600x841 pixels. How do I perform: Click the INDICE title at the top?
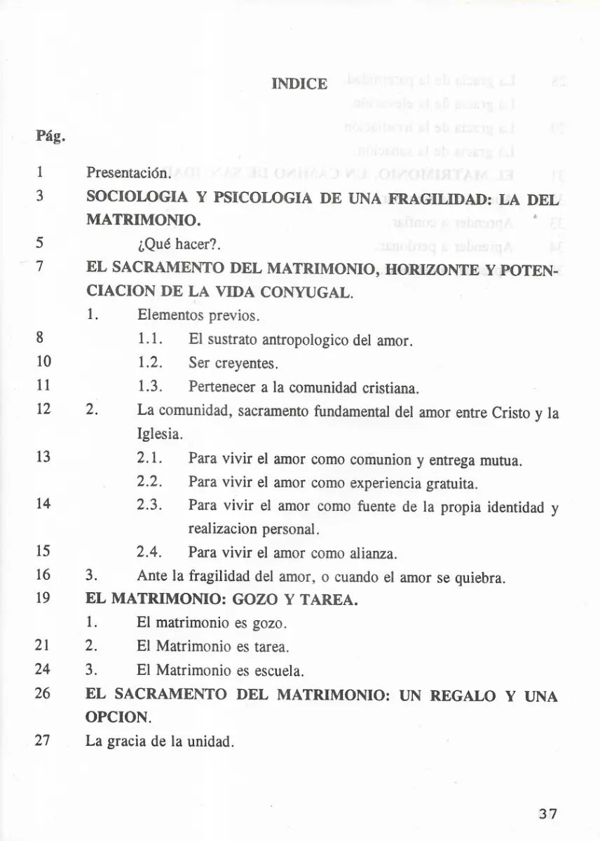pyautogui.click(x=299, y=84)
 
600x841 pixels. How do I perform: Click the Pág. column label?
pyautogui.click(x=50, y=135)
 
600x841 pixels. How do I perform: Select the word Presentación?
pyautogui.click(x=128, y=172)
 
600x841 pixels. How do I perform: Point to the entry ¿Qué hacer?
pyautogui.click(x=179, y=245)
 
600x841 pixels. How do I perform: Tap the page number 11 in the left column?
pyautogui.click(x=43, y=388)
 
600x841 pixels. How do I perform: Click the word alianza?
pyautogui.click(x=374, y=553)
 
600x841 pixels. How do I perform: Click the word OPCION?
pyautogui.click(x=118, y=718)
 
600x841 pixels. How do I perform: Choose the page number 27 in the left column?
pyautogui.click(x=43, y=741)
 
